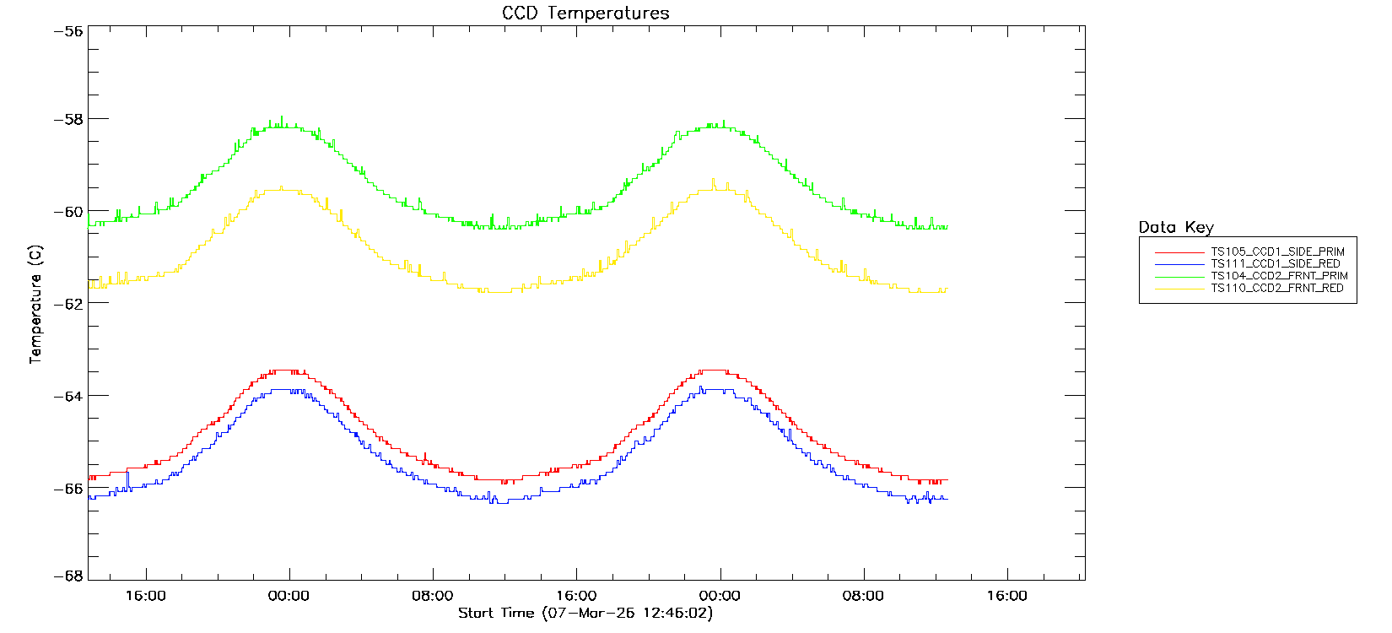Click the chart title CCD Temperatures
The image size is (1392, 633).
585,14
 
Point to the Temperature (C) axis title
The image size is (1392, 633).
35,305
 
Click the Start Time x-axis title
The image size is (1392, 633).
585,614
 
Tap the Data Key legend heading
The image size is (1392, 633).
1176,227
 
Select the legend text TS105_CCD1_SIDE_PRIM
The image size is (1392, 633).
1277,252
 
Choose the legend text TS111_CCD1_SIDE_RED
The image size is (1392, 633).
1275,264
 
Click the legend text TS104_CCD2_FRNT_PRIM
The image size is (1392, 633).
1279,276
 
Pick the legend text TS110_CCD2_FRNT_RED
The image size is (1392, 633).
1276,289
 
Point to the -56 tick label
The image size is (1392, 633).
68,31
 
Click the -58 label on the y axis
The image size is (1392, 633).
68,119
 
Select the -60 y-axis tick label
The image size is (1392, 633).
68,212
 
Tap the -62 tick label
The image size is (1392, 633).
68,304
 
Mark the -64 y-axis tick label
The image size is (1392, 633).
68,396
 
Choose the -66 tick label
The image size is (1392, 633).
68,488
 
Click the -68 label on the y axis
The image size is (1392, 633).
68,576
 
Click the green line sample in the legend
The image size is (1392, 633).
1179,276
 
